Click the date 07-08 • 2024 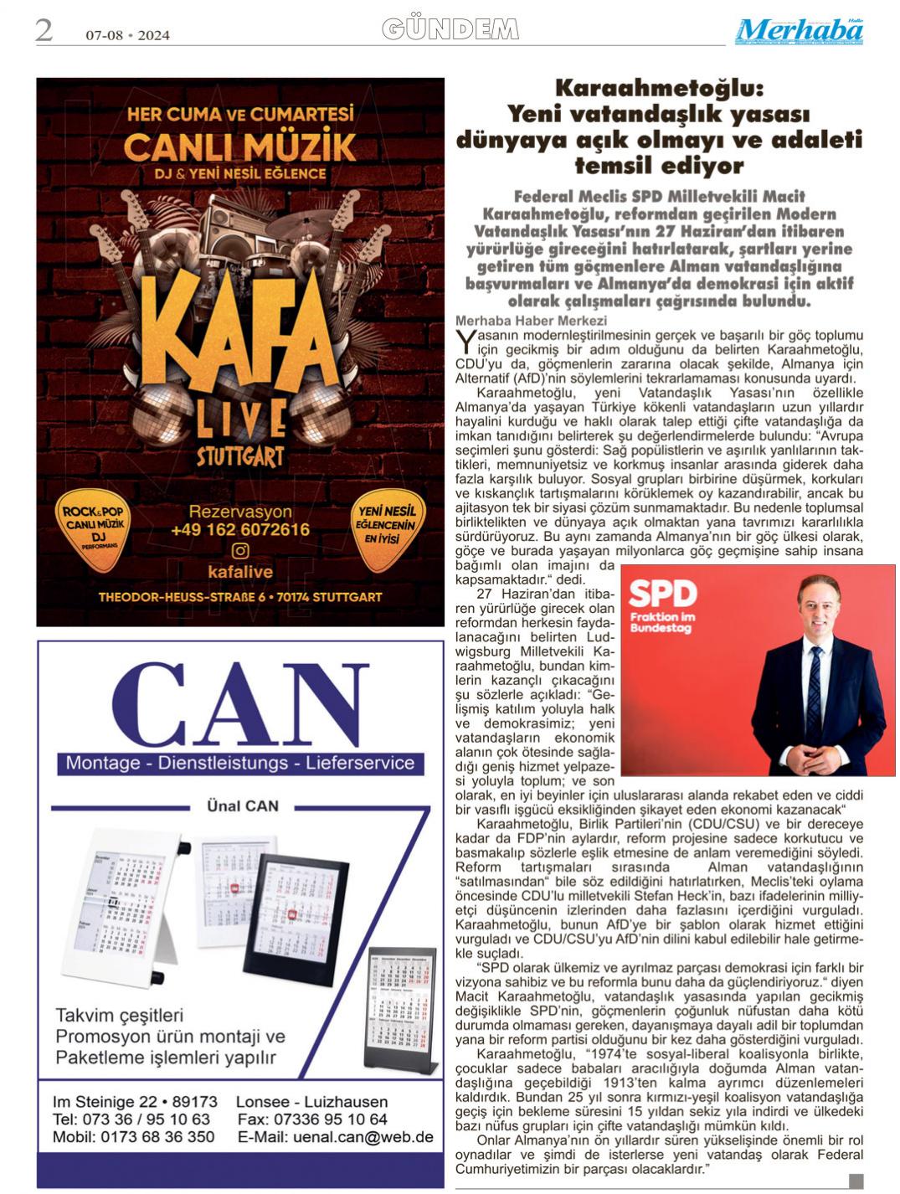[x=127, y=35]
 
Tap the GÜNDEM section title [x=450, y=29]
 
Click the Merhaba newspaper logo [x=800, y=31]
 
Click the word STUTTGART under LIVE [x=240, y=457]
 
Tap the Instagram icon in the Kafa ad [x=240, y=550]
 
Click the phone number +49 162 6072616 [x=240, y=530]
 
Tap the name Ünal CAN [x=243, y=805]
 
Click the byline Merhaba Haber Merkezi [x=519, y=321]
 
